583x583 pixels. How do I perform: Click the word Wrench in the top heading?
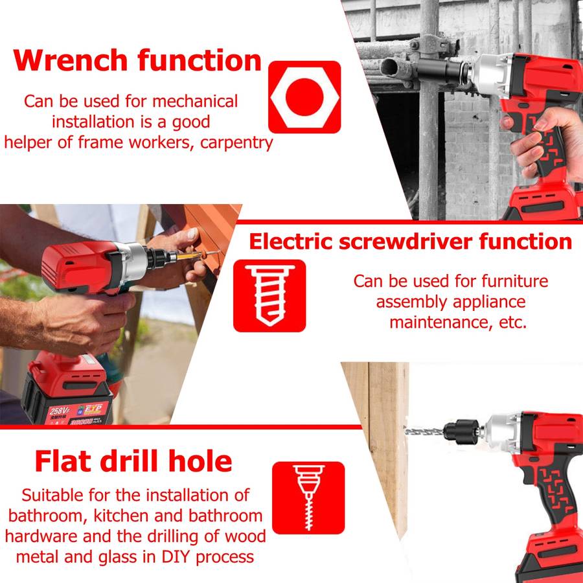click(x=70, y=60)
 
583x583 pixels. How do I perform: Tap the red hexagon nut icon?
click(x=304, y=97)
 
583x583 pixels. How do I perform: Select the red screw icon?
click(x=269, y=295)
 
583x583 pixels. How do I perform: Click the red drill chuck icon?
click(x=308, y=498)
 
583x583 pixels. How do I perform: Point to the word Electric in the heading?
click(x=291, y=242)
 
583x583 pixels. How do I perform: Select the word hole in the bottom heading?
click(x=200, y=461)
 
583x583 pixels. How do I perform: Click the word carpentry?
click(x=236, y=143)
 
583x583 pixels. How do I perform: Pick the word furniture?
click(x=514, y=281)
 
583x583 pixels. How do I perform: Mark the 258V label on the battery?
click(x=60, y=411)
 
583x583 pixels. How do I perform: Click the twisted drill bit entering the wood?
click(x=424, y=431)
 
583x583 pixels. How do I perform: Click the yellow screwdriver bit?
click(x=190, y=256)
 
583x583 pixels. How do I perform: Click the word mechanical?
click(x=195, y=102)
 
